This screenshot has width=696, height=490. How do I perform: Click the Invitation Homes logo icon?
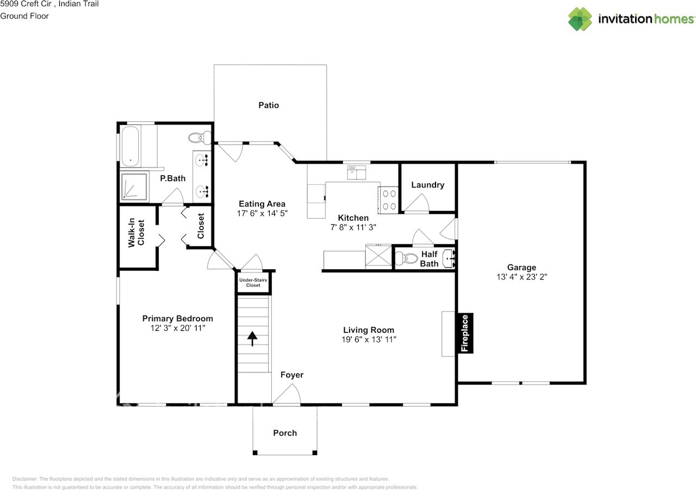(580, 19)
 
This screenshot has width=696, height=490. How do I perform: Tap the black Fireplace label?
(465, 333)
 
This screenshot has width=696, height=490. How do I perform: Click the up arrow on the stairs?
(252, 339)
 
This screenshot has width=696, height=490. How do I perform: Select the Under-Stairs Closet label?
(253, 282)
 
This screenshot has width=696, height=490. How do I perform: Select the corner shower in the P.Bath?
(134, 187)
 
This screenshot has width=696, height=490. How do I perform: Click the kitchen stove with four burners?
(389, 199)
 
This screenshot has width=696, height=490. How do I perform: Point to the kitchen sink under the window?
(357, 173)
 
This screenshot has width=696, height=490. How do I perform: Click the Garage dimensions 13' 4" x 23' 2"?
(521, 276)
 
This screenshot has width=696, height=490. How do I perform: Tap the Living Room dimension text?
(368, 339)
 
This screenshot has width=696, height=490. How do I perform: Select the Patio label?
(269, 105)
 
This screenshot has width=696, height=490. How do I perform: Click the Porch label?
(285, 433)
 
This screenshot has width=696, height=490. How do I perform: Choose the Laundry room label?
(427, 185)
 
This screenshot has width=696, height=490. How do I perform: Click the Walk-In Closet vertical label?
(136, 233)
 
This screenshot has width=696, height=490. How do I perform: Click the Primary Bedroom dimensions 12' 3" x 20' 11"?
(177, 328)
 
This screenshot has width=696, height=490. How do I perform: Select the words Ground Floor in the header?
(24, 16)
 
